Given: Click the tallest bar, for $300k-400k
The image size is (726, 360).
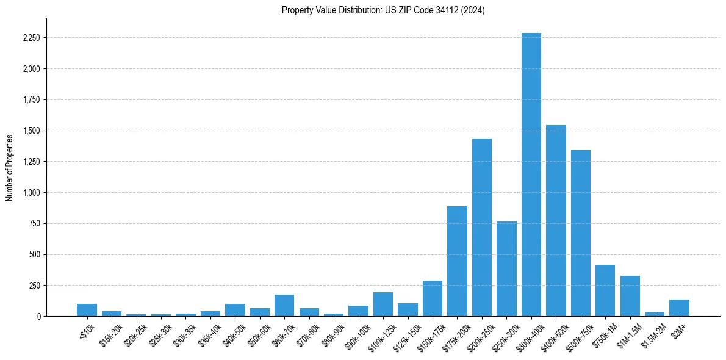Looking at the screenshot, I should (x=531, y=177).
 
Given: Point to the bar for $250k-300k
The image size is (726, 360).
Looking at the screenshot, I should (x=506, y=269).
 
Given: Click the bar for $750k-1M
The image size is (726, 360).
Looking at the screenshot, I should (x=605, y=290).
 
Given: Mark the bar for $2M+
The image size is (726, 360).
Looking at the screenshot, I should (x=679, y=308).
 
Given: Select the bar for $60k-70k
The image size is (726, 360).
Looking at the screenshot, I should (x=284, y=306).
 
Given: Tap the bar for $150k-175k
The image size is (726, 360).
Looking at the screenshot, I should (x=433, y=298).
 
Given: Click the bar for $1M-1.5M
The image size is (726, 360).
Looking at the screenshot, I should (x=630, y=296).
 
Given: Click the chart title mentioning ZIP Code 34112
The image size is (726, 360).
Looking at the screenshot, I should (x=383, y=10).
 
